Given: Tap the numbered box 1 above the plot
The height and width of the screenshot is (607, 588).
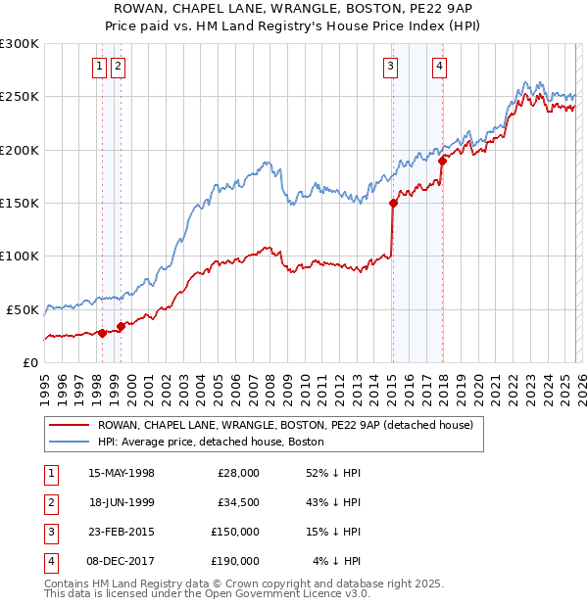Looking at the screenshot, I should point(100,67).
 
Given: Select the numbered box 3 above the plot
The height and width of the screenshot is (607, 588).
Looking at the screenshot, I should point(391,67).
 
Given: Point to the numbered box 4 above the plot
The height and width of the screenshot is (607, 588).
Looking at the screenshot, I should point(440,67).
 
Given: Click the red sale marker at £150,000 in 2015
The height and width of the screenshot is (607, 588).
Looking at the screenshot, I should point(393,204).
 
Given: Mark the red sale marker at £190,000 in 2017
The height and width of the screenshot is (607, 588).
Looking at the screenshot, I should point(442,162).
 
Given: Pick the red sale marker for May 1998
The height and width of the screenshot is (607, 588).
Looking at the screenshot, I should point(102,333).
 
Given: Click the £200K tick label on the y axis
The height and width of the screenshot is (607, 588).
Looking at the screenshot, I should point(20,150).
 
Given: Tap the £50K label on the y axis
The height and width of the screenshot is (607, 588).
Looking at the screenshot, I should point(23,309).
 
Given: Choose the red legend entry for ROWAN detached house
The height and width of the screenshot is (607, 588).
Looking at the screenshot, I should point(284,425).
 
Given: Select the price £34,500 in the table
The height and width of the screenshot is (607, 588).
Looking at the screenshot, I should point(238,501).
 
